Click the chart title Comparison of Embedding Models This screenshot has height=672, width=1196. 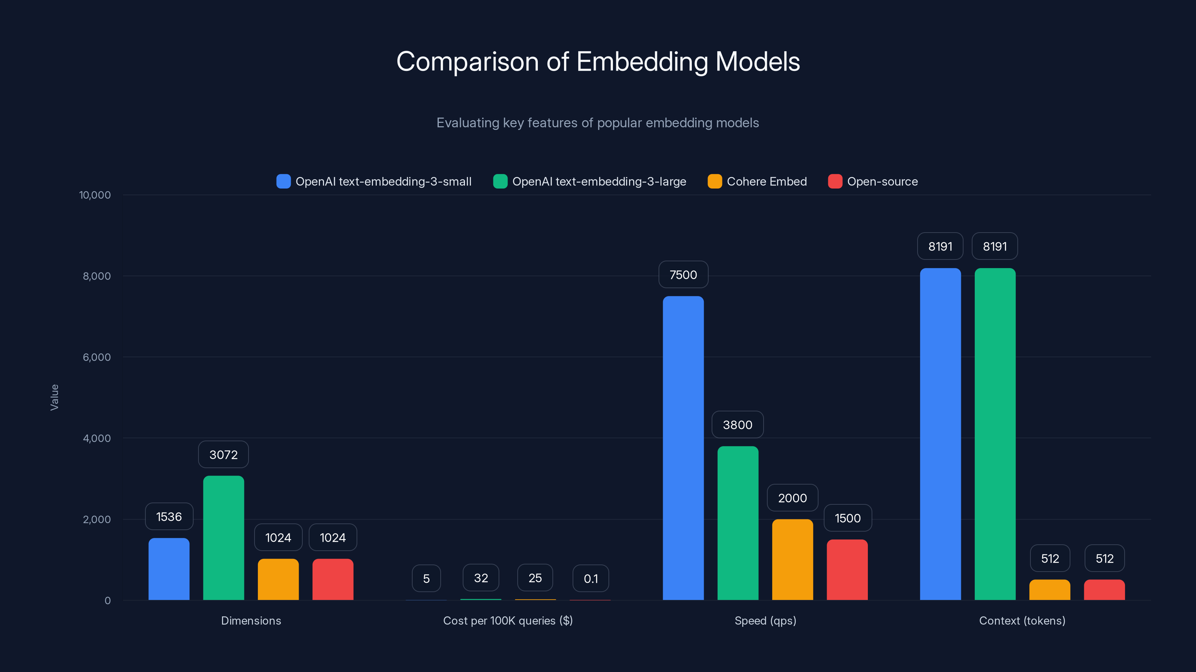click(x=598, y=62)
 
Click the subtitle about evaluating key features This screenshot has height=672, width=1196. click(x=598, y=123)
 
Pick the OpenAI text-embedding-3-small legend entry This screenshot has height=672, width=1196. click(x=374, y=181)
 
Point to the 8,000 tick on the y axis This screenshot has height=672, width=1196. click(x=96, y=276)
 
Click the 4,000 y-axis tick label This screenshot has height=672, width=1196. click(x=96, y=439)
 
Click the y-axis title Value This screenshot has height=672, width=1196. click(x=54, y=398)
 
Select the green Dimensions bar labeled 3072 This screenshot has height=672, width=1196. click(x=224, y=538)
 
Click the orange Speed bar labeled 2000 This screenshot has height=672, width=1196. click(x=792, y=559)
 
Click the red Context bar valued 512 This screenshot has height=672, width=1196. click(x=1104, y=589)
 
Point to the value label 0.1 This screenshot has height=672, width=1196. click(x=591, y=579)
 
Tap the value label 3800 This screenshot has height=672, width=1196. click(x=737, y=425)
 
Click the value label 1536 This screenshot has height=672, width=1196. click(x=169, y=517)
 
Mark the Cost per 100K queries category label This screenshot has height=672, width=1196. click(x=508, y=621)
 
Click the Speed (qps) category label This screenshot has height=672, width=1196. click(x=765, y=621)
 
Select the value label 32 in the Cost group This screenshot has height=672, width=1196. click(x=481, y=578)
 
